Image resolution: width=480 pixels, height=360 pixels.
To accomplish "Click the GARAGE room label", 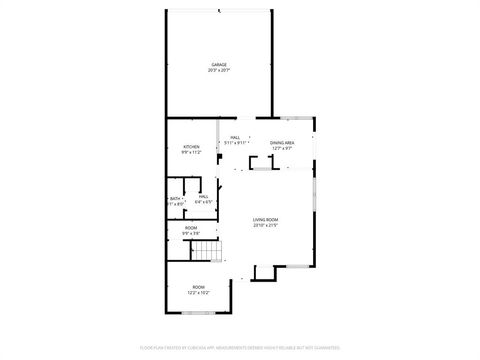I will click(219, 65).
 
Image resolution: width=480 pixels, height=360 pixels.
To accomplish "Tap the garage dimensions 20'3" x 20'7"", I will click(219, 70).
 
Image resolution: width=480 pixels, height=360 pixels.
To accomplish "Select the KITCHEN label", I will click(190, 148).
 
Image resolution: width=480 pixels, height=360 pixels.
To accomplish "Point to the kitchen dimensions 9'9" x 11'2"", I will click(190, 153).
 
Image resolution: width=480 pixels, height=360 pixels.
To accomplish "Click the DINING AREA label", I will click(282, 143).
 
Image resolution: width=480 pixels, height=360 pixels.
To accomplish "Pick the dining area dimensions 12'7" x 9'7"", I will click(282, 148).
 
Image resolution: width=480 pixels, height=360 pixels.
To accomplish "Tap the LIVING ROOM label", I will click(265, 219).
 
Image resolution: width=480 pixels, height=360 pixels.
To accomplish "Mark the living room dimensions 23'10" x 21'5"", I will click(265, 224).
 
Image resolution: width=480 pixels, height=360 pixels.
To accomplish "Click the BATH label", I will click(175, 198).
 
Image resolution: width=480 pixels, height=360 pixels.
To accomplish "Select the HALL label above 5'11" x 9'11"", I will click(236, 138).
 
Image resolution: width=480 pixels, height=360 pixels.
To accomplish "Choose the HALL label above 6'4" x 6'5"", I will click(203, 197).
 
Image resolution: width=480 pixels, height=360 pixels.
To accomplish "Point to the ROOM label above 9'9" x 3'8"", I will click(191, 228).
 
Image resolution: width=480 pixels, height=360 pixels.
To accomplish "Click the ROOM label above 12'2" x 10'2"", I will click(198, 287).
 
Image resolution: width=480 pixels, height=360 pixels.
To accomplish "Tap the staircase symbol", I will click(205, 252).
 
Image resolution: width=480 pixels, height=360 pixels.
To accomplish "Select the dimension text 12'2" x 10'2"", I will click(198, 292).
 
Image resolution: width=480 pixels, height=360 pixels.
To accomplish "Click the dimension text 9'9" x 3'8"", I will click(191, 233).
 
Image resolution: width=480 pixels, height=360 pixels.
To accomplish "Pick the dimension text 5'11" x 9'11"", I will click(236, 143).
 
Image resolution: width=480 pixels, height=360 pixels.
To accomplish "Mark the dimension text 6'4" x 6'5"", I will click(203, 202).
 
